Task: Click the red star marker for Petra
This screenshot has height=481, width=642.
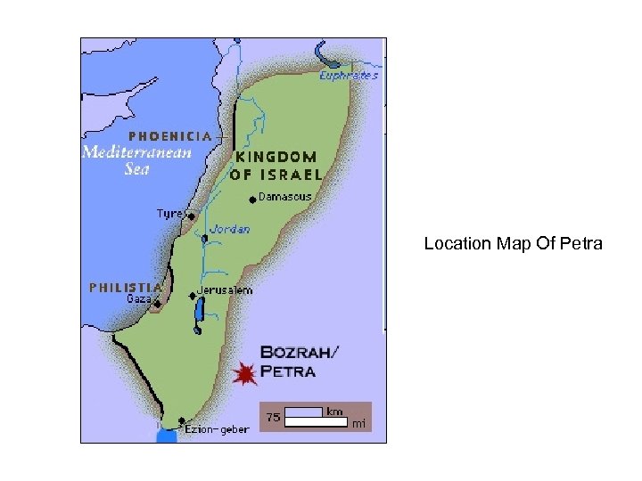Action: click(243, 374)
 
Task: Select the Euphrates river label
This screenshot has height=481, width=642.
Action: click(350, 76)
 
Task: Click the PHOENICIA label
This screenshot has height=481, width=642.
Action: click(170, 136)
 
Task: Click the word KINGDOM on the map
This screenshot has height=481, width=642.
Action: click(274, 155)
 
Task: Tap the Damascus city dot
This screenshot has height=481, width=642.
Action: click(253, 199)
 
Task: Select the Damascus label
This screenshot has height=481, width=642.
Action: click(285, 197)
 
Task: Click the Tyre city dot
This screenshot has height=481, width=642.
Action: click(191, 216)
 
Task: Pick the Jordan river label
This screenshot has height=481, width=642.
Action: click(230, 229)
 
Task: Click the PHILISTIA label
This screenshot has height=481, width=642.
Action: click(126, 287)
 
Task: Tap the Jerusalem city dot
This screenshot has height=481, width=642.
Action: click(192, 295)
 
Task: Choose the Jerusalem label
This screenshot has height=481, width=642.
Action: click(225, 290)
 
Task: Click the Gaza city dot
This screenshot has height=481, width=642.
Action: click(157, 305)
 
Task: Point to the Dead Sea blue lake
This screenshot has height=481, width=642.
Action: click(199, 312)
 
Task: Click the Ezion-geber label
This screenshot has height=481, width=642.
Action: click(218, 429)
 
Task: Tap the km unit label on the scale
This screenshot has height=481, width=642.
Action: click(334, 412)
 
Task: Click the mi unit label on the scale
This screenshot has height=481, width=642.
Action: click(359, 424)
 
